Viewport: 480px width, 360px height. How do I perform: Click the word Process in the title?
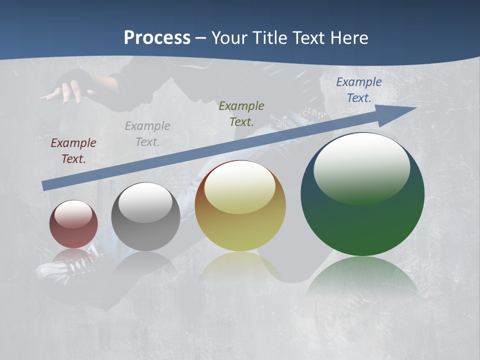(x=157, y=38)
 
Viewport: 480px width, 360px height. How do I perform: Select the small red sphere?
(x=73, y=224)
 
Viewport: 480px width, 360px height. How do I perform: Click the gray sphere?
(x=145, y=217)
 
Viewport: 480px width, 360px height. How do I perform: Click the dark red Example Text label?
(x=73, y=151)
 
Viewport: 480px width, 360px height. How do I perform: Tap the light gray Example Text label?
(x=147, y=134)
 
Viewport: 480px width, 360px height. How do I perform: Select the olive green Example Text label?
(x=241, y=114)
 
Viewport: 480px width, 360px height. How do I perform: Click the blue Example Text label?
(x=358, y=90)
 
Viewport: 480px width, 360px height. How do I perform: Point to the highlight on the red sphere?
(x=73, y=214)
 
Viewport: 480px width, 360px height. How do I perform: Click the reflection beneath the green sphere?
(x=362, y=277)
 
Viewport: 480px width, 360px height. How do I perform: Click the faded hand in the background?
(x=67, y=90)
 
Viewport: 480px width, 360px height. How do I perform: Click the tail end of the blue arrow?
(x=45, y=186)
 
